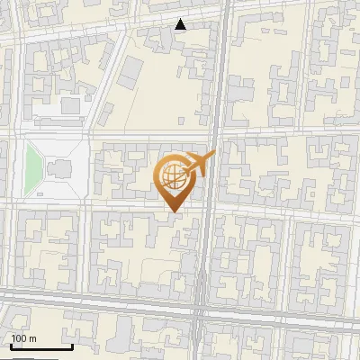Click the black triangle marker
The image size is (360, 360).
point(181,24)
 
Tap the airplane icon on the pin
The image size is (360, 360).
point(200,164)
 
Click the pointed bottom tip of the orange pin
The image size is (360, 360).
point(174,211)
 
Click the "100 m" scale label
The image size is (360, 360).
point(24,338)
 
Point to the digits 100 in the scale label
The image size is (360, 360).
point(20,338)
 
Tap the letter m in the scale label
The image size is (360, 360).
point(33,338)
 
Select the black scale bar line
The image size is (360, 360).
point(40,346)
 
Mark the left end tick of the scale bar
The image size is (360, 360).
point(11,346)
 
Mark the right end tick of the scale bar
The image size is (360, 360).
point(71,346)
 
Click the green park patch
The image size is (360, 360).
point(34,166)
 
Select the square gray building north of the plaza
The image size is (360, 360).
point(69,106)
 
